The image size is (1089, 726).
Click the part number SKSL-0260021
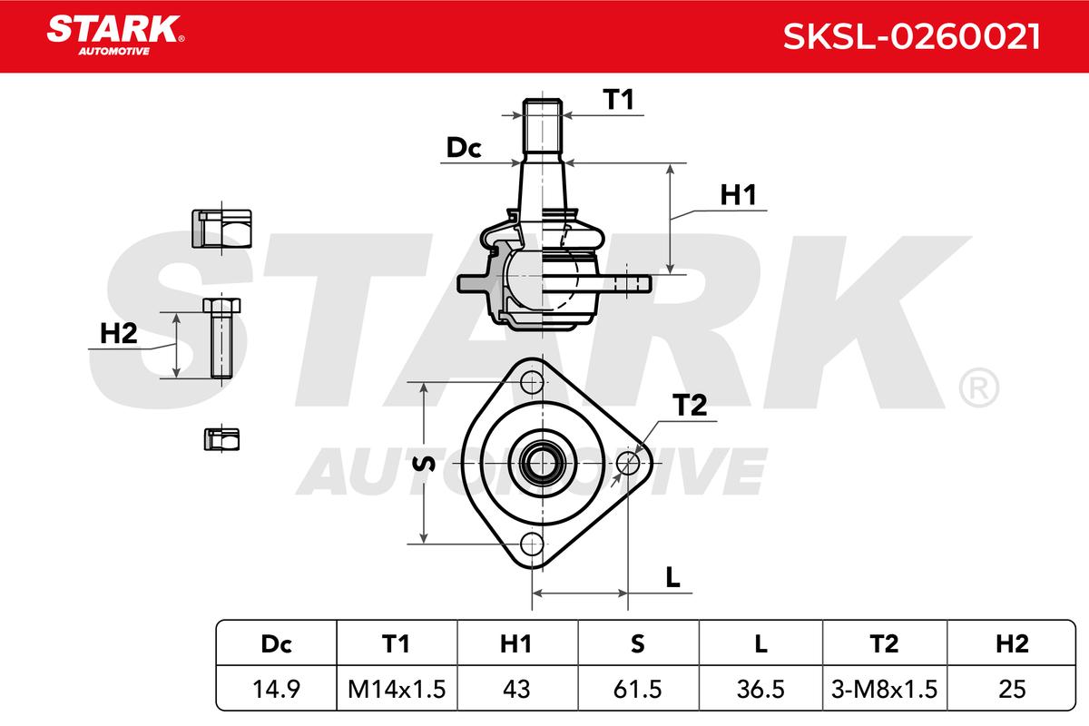(911, 37)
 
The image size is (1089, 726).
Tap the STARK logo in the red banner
(115, 35)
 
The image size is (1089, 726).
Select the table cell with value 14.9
(276, 689)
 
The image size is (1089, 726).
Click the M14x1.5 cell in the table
(397, 689)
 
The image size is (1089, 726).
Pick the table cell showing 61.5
(638, 689)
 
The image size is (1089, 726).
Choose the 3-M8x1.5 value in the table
(884, 689)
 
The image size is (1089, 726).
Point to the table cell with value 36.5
(760, 689)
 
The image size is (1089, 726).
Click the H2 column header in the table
(1012, 643)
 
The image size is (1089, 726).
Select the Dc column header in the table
(276, 643)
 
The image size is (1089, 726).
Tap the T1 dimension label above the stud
(618, 99)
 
